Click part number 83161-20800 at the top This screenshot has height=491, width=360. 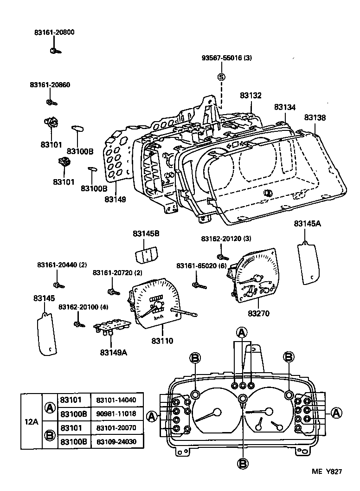(54, 32)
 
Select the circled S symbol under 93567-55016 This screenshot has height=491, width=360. (221, 77)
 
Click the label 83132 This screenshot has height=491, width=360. (251, 96)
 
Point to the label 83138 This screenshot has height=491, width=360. (315, 118)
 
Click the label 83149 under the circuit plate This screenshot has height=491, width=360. (116, 199)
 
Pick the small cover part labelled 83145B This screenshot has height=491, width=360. (146, 255)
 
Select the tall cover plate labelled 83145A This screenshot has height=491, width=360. (307, 262)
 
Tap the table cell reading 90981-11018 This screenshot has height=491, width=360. (116, 413)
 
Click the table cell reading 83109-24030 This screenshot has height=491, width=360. (116, 441)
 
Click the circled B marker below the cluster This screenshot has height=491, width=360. (243, 463)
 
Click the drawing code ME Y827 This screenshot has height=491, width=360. (327, 472)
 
